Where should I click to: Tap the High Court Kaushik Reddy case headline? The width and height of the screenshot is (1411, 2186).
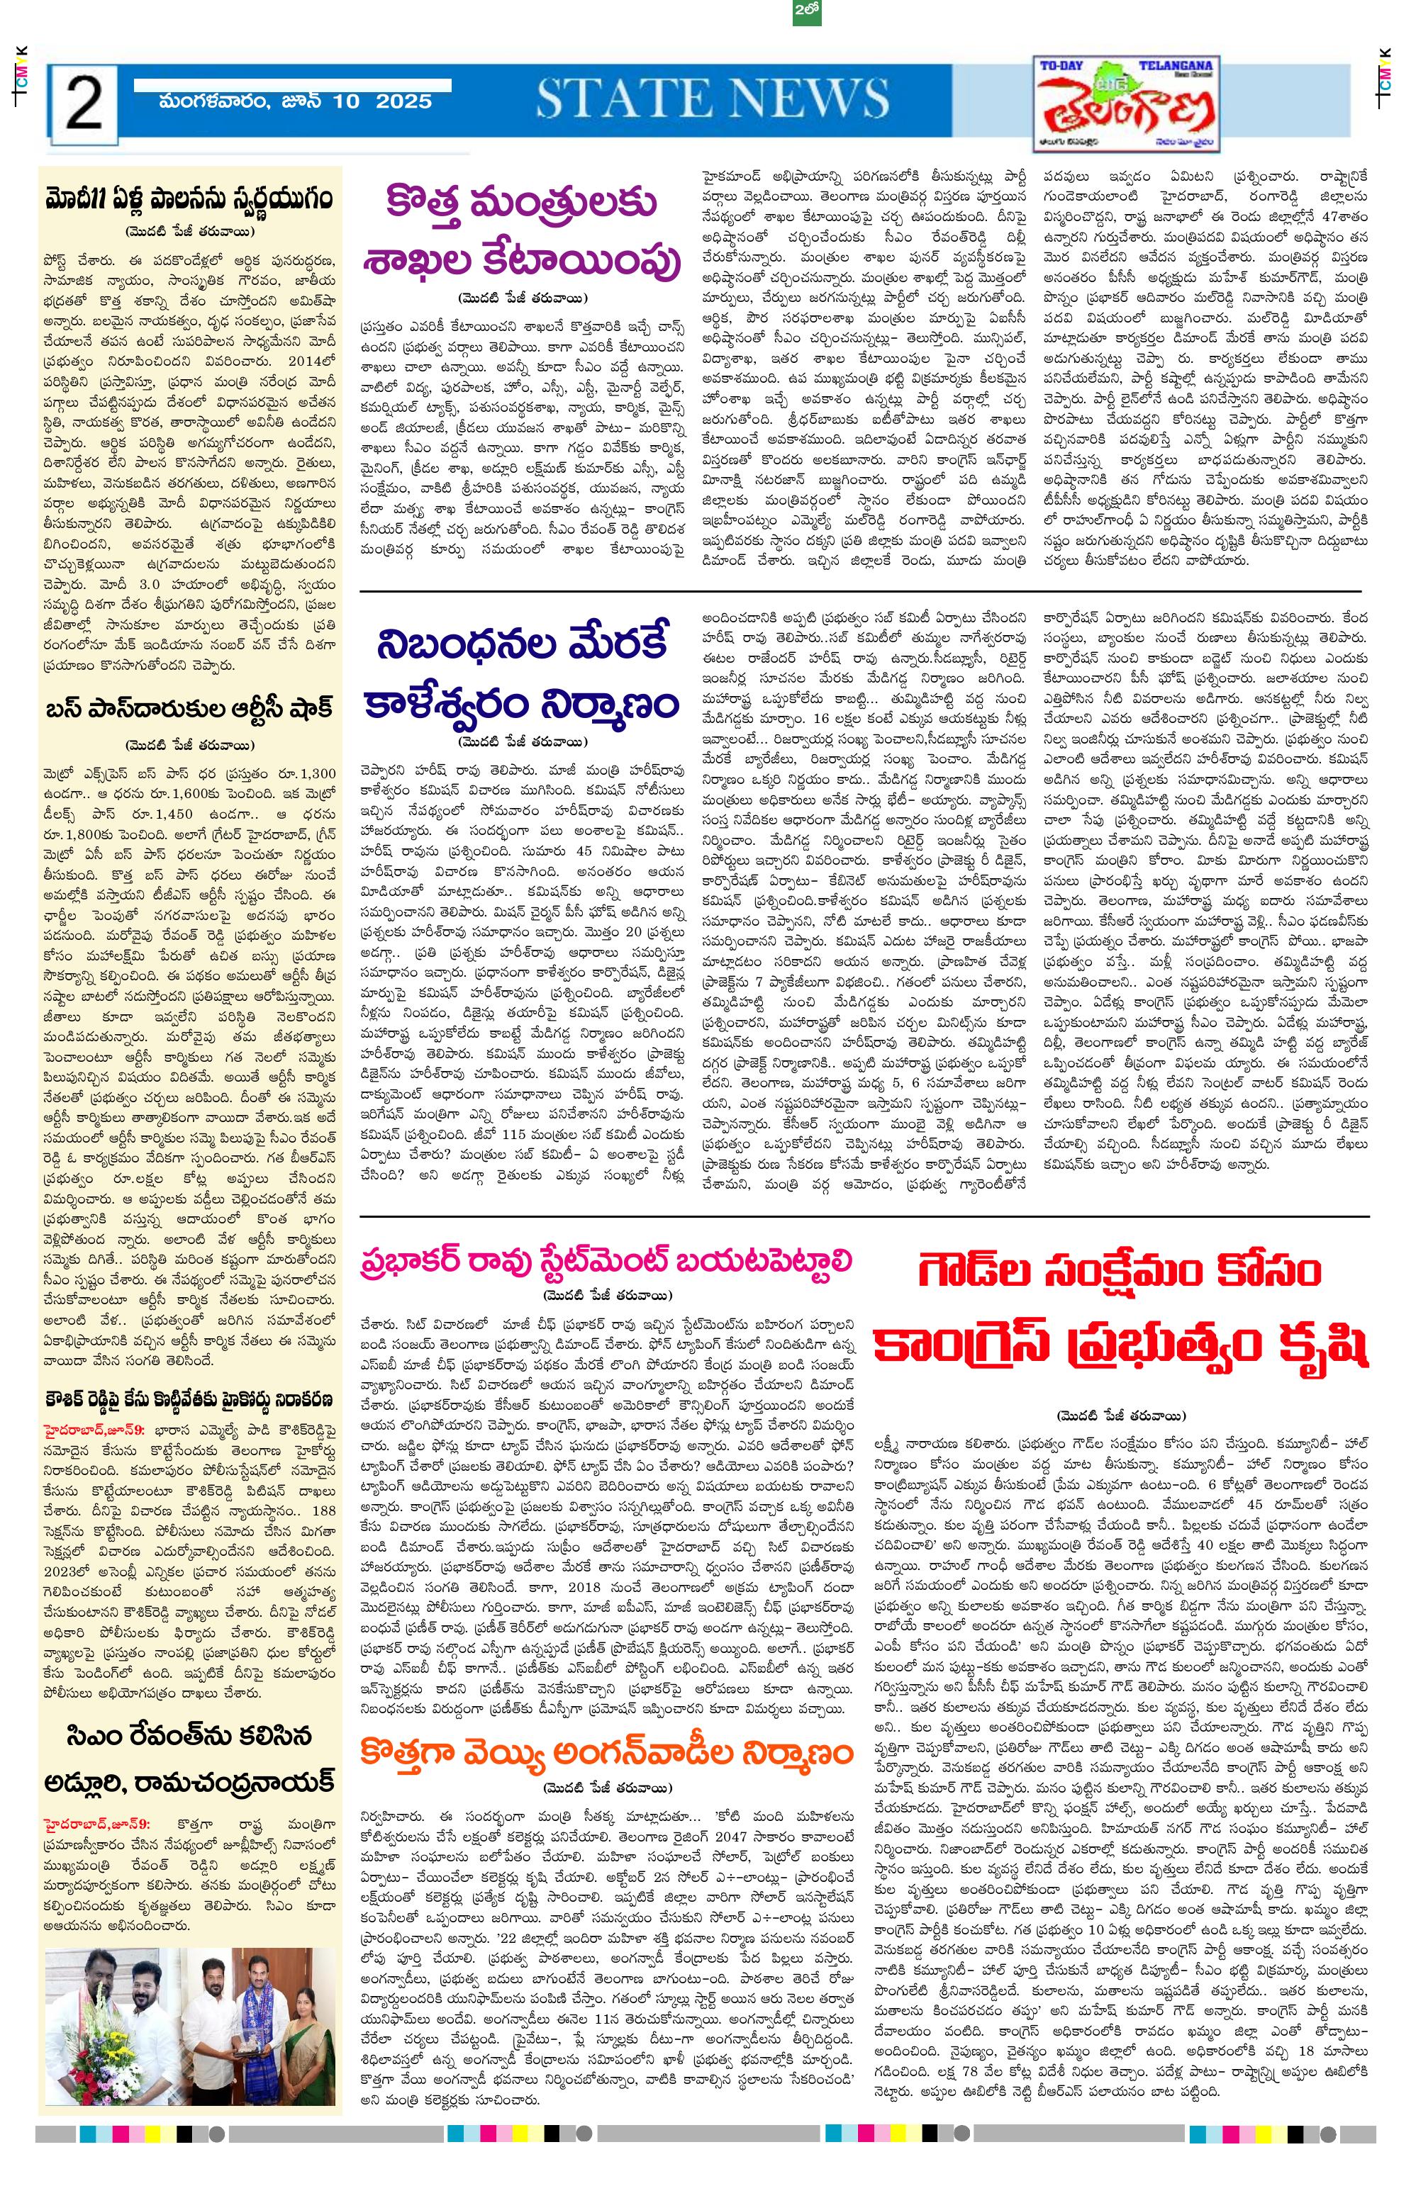coord(191,1400)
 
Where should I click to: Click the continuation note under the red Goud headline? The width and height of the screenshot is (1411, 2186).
coord(1122,1414)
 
